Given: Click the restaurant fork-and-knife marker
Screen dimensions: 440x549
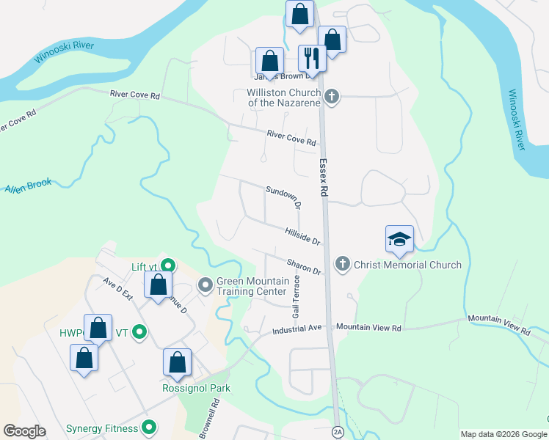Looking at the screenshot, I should click(312, 58).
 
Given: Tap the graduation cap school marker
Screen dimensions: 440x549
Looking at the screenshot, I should click(399, 239).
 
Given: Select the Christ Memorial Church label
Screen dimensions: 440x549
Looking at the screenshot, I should click(407, 265).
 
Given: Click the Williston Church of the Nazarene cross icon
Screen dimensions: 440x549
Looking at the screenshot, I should click(332, 97).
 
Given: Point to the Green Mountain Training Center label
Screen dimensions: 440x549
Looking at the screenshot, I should click(251, 285).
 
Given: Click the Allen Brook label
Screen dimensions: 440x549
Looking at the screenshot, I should click(28, 186).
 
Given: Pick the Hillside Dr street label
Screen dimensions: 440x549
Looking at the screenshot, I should click(303, 236).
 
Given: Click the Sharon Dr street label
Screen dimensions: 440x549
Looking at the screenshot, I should click(305, 266).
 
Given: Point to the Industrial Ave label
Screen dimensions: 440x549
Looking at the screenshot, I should click(297, 329).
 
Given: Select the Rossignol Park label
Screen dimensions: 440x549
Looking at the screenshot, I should click(196, 388).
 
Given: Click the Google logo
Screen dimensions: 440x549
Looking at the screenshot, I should click(24, 431).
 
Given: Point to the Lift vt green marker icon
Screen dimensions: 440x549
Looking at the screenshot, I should click(168, 266).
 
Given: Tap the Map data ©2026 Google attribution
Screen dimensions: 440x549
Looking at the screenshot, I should click(503, 434).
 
